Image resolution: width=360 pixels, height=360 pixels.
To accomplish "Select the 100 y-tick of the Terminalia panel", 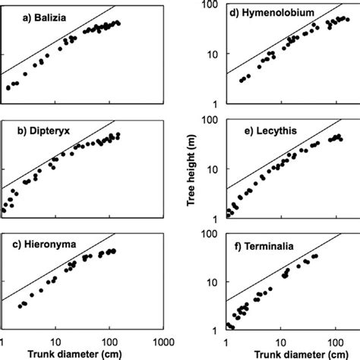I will point(211,231).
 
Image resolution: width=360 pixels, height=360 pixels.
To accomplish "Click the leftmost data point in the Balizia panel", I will point(8,88).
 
